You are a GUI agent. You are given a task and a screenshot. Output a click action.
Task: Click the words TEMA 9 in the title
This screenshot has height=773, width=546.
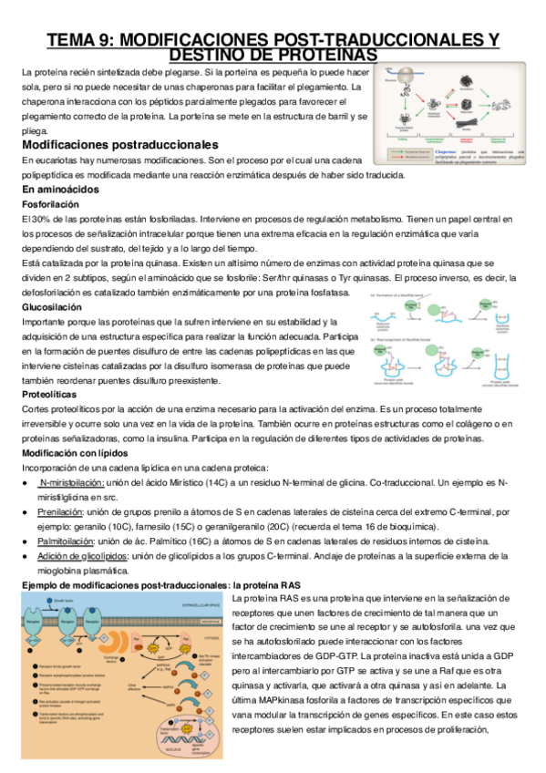click(x=81, y=39)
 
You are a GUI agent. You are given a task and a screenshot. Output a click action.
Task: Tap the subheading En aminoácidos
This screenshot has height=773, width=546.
click(x=59, y=189)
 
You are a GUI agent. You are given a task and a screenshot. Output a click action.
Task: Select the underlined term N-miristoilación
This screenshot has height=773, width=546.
click(x=71, y=481)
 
